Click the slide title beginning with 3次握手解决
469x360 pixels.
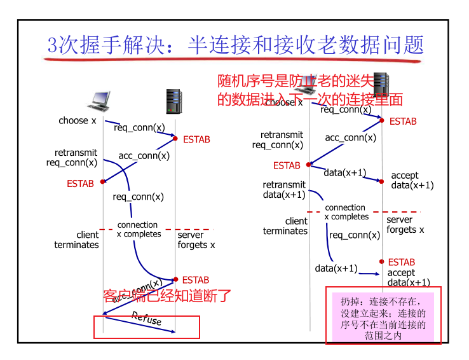tap(235, 45)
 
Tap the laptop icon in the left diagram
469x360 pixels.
tap(102, 99)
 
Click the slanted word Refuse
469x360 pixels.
tap(147, 319)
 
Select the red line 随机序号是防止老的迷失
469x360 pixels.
tap(296, 81)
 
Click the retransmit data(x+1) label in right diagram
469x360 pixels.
tap(284, 190)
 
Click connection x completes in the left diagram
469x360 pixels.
tap(139, 230)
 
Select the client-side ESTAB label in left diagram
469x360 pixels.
tap(80, 184)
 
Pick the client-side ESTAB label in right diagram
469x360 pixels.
tap(287, 165)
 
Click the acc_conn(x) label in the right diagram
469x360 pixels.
tap(350, 137)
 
